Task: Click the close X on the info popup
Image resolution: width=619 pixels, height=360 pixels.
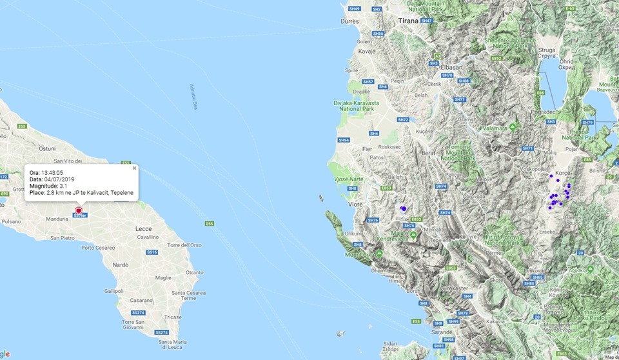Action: pyautogui.click(x=134, y=168)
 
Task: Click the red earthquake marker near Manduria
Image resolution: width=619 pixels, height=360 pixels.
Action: pyautogui.click(x=78, y=211)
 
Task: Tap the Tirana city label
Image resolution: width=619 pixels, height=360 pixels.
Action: pyautogui.click(x=408, y=21)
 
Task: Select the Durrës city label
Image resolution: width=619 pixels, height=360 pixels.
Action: pyautogui.click(x=349, y=21)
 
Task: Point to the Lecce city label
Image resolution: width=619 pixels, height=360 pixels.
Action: pyautogui.click(x=143, y=229)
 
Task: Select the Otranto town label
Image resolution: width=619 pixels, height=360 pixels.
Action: pyautogui.click(x=194, y=272)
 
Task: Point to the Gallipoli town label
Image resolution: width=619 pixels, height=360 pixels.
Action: pyautogui.click(x=113, y=291)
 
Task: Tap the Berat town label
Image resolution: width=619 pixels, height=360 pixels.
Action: pyautogui.click(x=429, y=152)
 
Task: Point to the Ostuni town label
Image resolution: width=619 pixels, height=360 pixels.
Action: pyautogui.click(x=47, y=148)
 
